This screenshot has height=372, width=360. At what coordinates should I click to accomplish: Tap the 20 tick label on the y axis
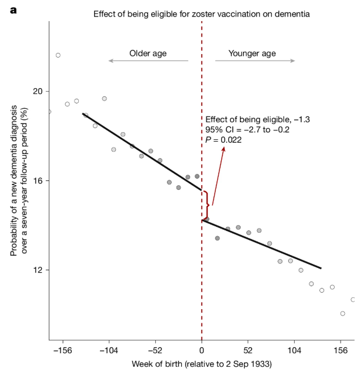pyautogui.click(x=37, y=91)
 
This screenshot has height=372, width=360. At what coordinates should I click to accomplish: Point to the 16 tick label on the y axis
pyautogui.click(x=37, y=180)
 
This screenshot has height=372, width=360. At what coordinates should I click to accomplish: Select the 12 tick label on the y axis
pyautogui.click(x=37, y=270)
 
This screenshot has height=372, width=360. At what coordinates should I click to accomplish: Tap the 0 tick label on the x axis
pyautogui.click(x=202, y=349)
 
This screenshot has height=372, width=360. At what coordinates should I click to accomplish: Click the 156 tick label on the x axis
pyautogui.click(x=341, y=349)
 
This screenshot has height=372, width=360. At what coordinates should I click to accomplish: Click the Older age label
pyautogui.click(x=148, y=53)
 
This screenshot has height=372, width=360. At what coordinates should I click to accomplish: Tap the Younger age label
pyautogui.click(x=254, y=53)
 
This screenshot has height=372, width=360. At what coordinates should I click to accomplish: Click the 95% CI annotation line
pyautogui.click(x=247, y=129)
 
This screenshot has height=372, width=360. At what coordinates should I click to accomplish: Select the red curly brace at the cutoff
pyautogui.click(x=206, y=205)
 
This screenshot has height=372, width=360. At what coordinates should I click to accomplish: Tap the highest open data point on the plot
pyautogui.click(x=58, y=55)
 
